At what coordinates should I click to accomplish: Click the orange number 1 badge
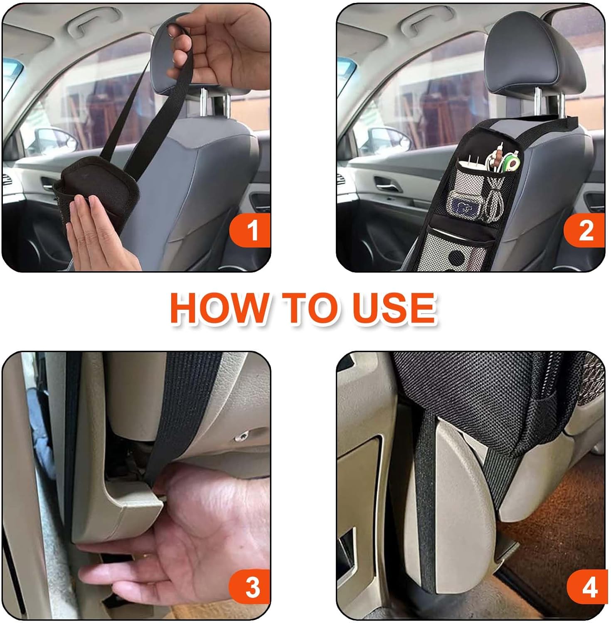click(251, 230)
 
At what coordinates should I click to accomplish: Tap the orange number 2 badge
click(584, 230)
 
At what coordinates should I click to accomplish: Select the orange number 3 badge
click(251, 587)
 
